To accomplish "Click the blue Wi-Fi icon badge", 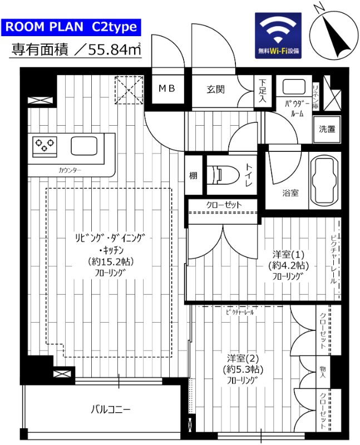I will (278, 36).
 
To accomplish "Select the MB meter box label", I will (166, 88).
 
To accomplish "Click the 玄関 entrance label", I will (217, 88).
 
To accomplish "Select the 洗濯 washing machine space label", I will (327, 129).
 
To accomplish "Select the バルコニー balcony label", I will (111, 410).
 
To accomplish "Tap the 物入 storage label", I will (323, 372).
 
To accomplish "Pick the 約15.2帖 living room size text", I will (111, 261).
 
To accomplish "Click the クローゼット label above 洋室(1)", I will (224, 205).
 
